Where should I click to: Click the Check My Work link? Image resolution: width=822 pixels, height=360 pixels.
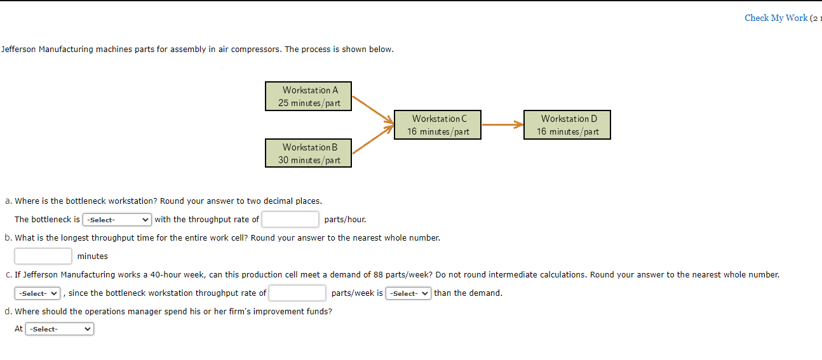pos(776,18)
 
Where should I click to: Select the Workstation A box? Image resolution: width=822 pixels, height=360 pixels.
pos(308,96)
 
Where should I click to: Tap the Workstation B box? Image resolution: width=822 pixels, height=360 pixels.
pos(308,153)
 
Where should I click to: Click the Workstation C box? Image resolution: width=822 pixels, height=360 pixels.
pos(438,124)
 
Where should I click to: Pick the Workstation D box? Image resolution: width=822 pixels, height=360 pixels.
pos(567,124)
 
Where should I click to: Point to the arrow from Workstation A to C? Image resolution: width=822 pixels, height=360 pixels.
pos(373,110)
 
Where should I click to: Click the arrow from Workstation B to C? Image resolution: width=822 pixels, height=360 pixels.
pos(373,139)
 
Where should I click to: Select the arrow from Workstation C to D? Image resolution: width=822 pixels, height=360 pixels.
pos(502,124)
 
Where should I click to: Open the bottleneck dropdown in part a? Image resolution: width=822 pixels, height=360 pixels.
pos(117,220)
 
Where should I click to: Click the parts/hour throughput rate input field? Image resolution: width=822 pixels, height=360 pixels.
pos(290,219)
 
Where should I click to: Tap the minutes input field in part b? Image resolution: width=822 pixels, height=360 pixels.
pos(43,256)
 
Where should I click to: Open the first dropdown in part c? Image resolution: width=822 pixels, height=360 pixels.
pos(37,293)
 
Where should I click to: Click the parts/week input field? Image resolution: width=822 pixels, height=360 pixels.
pos(297,293)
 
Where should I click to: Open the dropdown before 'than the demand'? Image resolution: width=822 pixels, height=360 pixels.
pos(408,293)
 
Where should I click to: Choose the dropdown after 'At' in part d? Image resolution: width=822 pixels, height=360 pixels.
pos(60,329)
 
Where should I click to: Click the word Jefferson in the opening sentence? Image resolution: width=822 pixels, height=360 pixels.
pos(18,49)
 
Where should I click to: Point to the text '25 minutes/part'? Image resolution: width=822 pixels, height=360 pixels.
pos(309,103)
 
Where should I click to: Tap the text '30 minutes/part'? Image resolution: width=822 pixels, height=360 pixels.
pos(309,160)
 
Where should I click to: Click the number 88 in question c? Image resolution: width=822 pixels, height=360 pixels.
pos(378,274)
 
